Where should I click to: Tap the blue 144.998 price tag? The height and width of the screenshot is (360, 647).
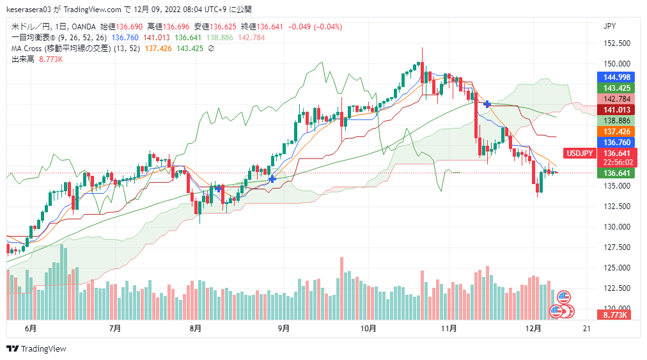click(x=616, y=77)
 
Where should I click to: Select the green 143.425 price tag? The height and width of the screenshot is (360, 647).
click(x=616, y=88)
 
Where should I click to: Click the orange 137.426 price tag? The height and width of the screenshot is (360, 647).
click(x=616, y=131)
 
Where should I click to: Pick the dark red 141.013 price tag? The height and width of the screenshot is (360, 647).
click(x=616, y=109)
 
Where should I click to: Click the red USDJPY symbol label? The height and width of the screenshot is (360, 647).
click(x=581, y=153)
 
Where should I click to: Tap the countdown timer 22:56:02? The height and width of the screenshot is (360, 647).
click(x=616, y=162)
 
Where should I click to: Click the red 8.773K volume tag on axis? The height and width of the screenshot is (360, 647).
click(x=616, y=315)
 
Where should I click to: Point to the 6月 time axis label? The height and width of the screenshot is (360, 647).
click(x=29, y=329)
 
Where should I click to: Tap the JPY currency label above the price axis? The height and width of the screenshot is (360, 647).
click(x=610, y=26)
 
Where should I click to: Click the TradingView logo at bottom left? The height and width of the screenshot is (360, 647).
click(x=36, y=348)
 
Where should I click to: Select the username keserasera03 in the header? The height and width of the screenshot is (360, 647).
click(x=32, y=10)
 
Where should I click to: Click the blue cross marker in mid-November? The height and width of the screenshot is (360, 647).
click(x=488, y=104)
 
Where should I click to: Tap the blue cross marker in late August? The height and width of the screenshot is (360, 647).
click(x=272, y=179)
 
